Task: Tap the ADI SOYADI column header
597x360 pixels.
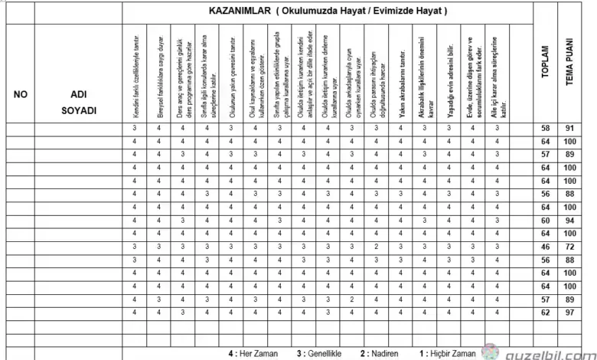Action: click(x=78, y=101)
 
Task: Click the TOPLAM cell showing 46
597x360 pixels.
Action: click(x=545, y=247)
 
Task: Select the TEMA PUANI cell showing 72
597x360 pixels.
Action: click(x=570, y=247)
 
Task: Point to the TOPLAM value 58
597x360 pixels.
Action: click(x=545, y=129)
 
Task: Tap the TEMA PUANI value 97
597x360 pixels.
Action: click(x=570, y=313)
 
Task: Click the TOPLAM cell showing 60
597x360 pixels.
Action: click(x=545, y=221)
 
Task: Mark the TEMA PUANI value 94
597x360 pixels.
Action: click(x=570, y=221)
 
